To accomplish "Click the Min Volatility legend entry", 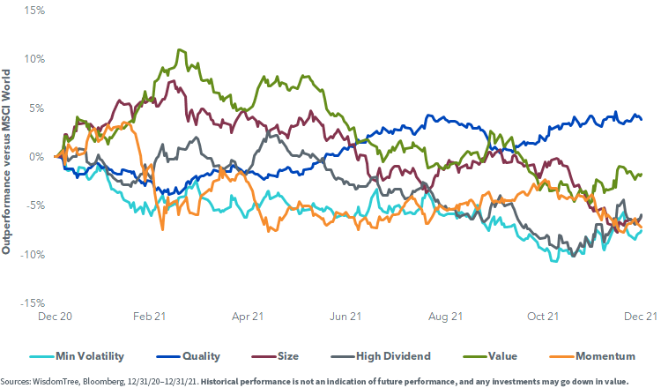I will click(x=87, y=356).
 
